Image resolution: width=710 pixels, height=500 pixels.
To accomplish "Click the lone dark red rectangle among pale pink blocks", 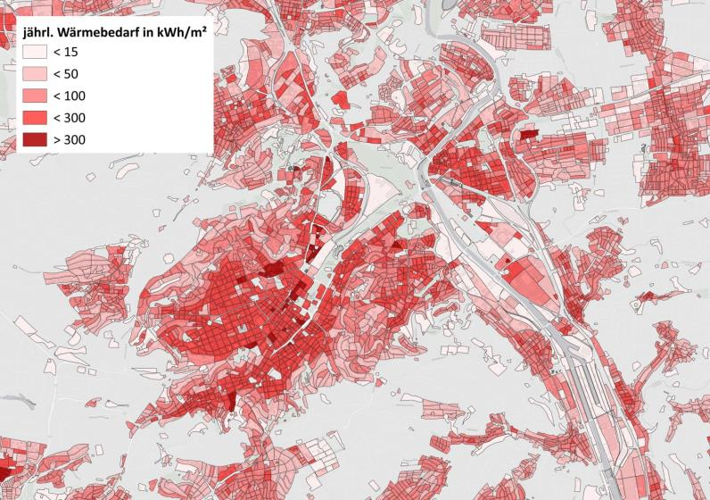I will click(528, 135).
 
